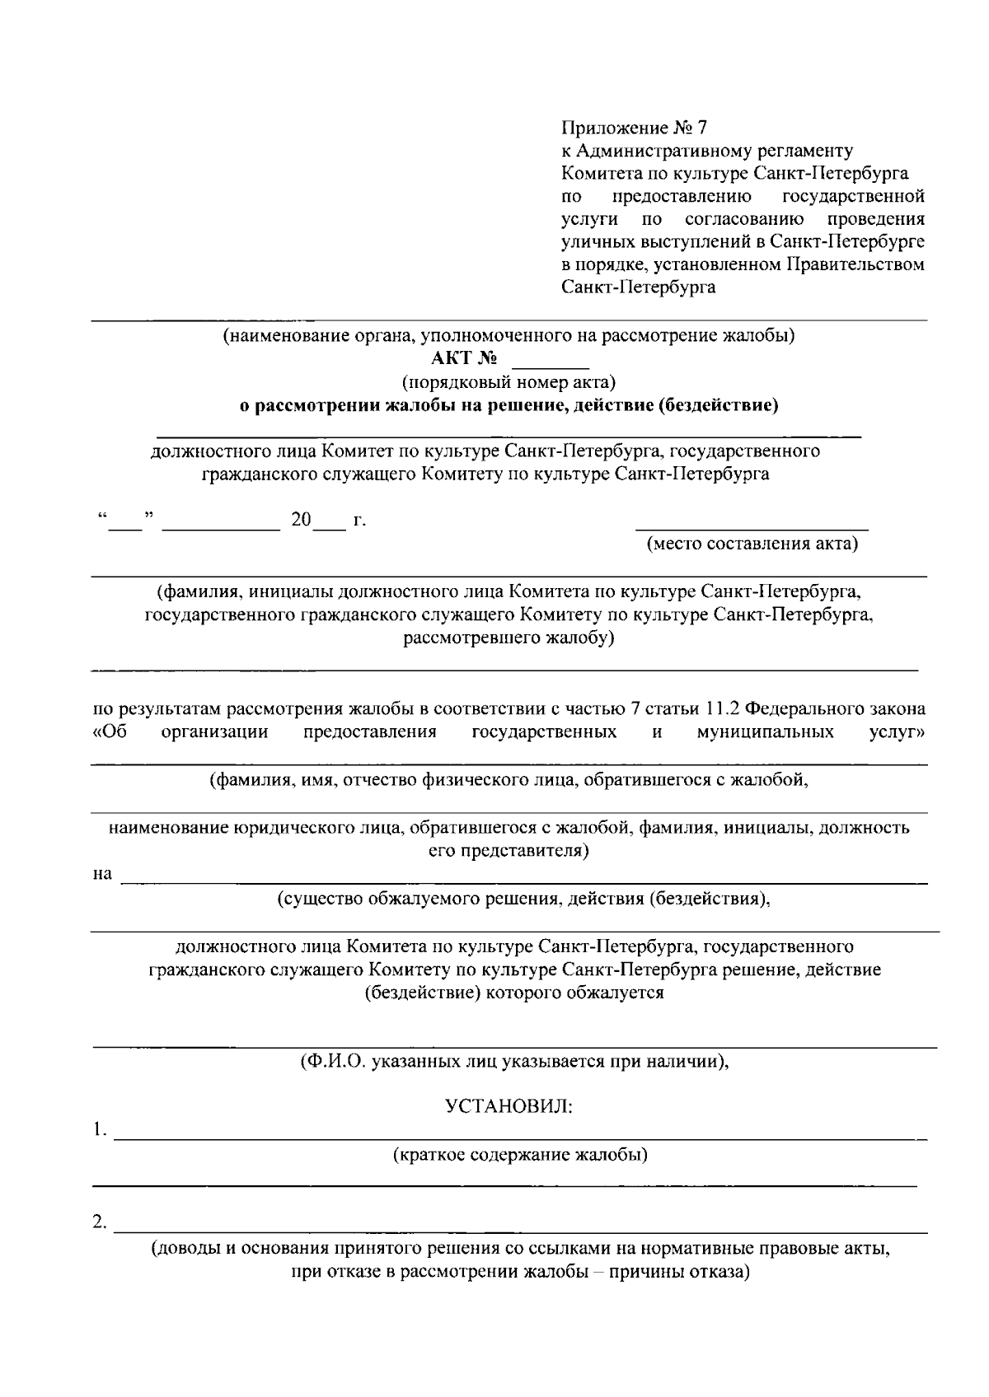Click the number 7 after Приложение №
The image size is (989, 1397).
point(701,128)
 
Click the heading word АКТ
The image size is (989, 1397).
point(450,358)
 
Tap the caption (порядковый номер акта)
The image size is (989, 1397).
point(509,382)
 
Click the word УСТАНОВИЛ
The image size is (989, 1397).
point(509,1106)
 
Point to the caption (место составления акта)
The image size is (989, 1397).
point(752,544)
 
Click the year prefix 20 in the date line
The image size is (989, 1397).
point(301,520)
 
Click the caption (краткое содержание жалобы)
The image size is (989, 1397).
point(520,1154)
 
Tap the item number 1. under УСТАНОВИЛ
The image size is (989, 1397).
point(100,1129)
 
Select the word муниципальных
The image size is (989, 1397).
point(765,732)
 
